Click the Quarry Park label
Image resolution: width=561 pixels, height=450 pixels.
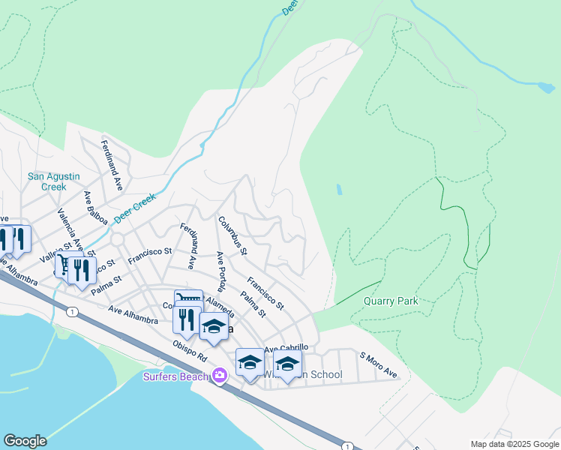click(x=390, y=301)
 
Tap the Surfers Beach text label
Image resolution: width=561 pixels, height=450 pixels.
click(x=176, y=376)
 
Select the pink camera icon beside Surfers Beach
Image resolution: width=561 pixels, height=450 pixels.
click(x=219, y=375)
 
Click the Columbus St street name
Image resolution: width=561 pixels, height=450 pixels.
click(x=232, y=235)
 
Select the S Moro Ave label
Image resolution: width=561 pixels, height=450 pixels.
click(x=378, y=365)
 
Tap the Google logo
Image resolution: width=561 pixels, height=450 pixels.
click(x=25, y=441)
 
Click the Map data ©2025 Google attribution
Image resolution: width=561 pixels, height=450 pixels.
click(x=514, y=444)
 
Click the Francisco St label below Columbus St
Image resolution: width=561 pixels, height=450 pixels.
click(x=265, y=295)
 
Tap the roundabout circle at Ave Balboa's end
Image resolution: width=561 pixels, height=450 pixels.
click(x=118, y=238)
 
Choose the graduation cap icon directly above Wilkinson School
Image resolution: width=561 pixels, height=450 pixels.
click(x=286, y=363)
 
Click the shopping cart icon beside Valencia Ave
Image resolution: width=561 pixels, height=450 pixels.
click(x=66, y=263)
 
